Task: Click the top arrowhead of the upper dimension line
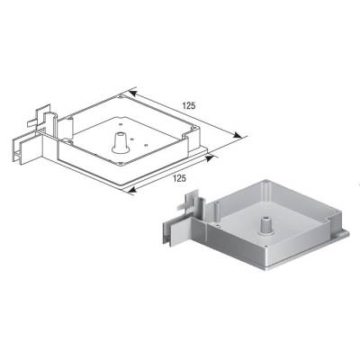(132, 91)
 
